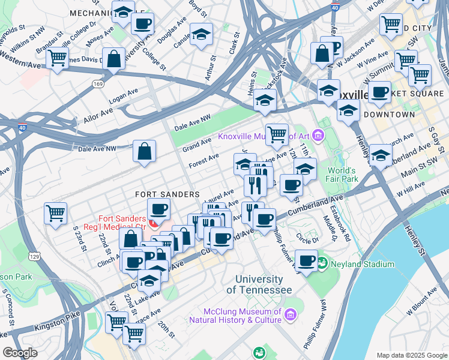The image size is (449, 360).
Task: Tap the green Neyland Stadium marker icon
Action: tap(322, 263)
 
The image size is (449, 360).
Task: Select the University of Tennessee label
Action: tap(259, 285)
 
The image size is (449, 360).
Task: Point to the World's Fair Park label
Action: tap(342, 175)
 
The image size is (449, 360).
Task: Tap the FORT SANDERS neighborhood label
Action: tap(167, 194)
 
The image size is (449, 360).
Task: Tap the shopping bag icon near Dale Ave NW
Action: tap(145, 152)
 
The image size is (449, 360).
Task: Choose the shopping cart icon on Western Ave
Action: tap(57, 59)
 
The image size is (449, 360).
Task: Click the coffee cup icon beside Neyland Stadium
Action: tap(306, 262)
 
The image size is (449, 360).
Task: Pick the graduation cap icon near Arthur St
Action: tap(201, 35)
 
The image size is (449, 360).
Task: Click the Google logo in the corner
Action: tap(20, 353)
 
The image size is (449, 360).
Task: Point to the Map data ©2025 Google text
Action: tap(411, 355)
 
